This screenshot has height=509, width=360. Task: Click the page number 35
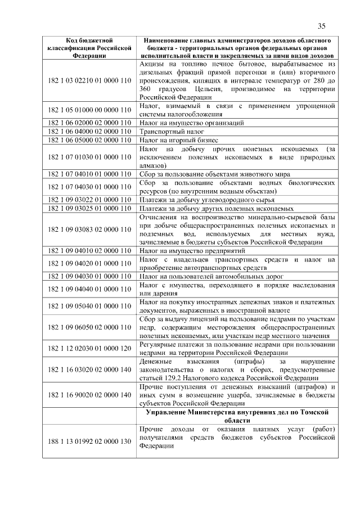coord(322,26)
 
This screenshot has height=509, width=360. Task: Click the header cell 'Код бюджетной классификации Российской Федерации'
coord(90,48)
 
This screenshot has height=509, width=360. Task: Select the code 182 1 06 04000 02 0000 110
coord(90,131)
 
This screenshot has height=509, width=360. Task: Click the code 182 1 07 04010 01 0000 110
coord(90,174)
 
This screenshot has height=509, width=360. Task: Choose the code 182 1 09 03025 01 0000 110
coord(90,208)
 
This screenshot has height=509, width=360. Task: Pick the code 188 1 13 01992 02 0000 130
coord(90,442)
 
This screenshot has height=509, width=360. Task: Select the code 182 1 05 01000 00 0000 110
coord(90,110)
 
